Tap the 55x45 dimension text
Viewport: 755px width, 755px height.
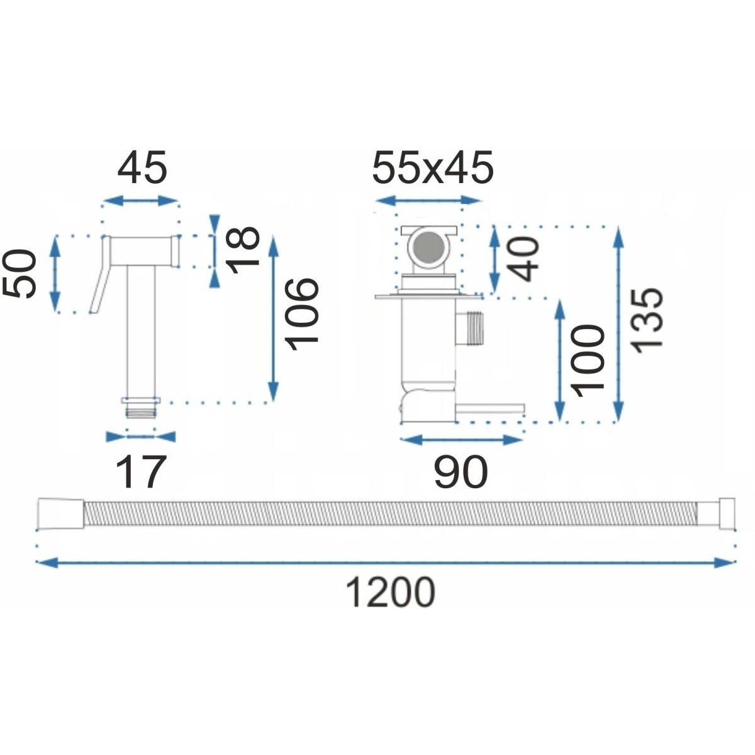click(x=432, y=169)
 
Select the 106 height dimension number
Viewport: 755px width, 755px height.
click(x=301, y=315)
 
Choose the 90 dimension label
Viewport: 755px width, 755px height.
click(x=461, y=472)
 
